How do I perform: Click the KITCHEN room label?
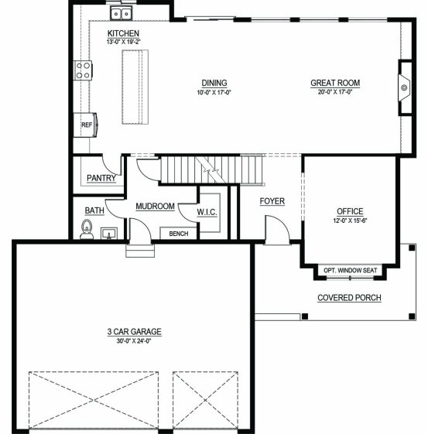(x=123, y=33)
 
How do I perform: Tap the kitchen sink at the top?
(x=122, y=13)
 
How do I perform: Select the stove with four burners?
(x=83, y=70)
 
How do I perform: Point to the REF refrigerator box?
(x=85, y=125)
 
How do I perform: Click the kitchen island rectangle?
(x=135, y=87)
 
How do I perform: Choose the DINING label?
(x=214, y=83)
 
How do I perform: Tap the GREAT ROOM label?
(x=335, y=83)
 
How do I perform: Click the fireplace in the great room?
(x=404, y=87)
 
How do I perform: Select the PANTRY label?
(x=101, y=178)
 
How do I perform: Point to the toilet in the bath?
(x=87, y=230)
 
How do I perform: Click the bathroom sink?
(x=109, y=234)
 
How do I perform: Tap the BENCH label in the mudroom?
(x=179, y=234)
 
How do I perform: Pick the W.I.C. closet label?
(x=207, y=212)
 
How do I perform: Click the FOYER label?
(x=272, y=201)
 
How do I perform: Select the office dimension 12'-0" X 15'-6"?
(x=350, y=220)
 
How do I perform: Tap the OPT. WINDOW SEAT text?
(x=350, y=270)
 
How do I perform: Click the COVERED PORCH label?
(x=349, y=298)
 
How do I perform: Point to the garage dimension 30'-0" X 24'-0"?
(x=134, y=341)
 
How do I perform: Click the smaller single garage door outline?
(x=205, y=400)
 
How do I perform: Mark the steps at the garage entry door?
(x=140, y=251)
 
